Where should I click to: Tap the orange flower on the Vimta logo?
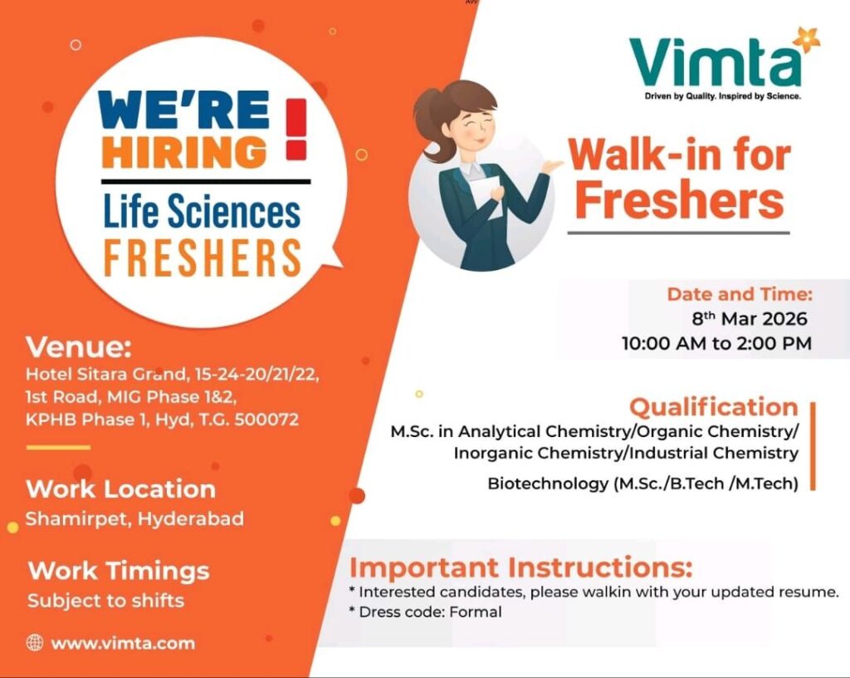coord(806,38)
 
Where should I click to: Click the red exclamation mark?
coord(296,130)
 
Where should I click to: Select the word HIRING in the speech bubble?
coord(184,152)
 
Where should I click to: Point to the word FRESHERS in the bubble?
coord(202,258)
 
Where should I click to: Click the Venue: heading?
coord(79,345)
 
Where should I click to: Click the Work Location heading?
coord(120,489)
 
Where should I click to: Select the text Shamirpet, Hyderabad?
coord(134,519)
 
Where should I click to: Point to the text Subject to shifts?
coord(105,600)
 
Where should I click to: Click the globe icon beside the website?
coord(35,642)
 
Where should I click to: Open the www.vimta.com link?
coord(123,643)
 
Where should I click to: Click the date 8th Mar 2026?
coord(750,318)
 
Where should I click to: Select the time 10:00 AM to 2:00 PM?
coord(716,342)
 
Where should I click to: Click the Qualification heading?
coord(713,407)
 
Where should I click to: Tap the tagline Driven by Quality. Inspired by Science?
coord(722,96)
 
